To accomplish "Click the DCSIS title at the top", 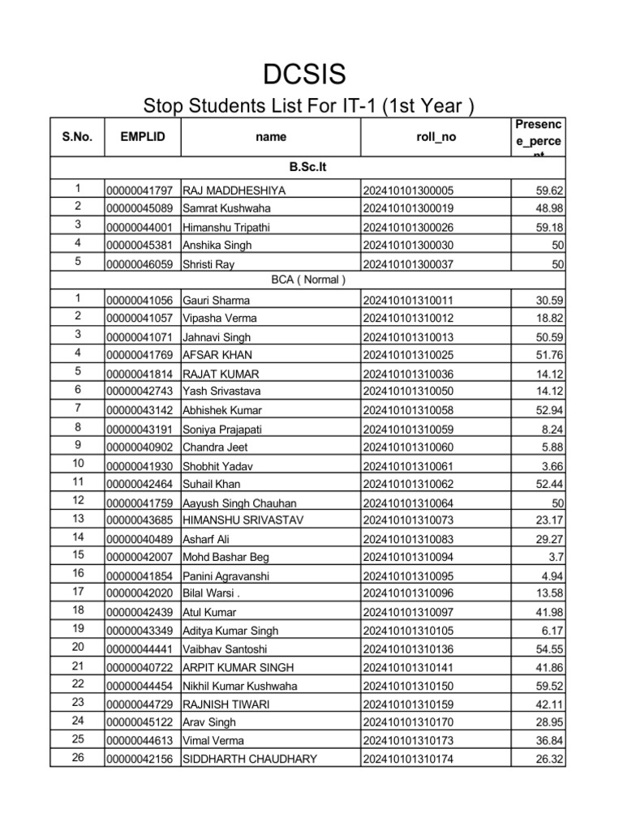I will [304, 75].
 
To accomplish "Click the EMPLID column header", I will [142, 137].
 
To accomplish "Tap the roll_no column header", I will [436, 137].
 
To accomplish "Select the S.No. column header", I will [77, 137].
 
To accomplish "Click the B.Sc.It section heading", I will [308, 167].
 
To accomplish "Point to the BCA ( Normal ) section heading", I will [308, 280].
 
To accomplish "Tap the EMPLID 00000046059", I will [140, 263].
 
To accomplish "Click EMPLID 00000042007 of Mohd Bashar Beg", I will [140, 557].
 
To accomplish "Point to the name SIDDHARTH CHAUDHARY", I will [249, 759].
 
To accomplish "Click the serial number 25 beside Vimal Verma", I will [78, 738].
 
